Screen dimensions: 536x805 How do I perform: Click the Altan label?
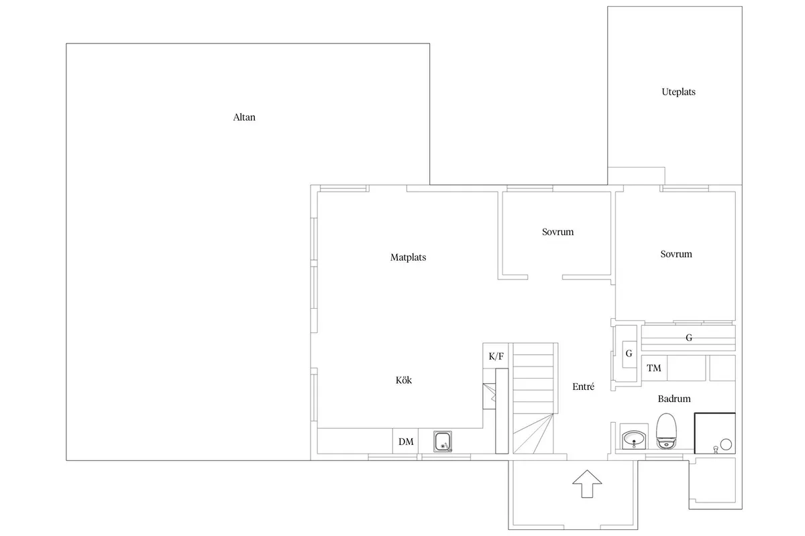coord(244,117)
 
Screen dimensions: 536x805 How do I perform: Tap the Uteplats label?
coord(678,92)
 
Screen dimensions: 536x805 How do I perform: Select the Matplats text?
coord(408,257)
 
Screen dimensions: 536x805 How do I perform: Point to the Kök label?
coord(403,381)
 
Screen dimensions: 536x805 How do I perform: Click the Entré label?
coord(583,387)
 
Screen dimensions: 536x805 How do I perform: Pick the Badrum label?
coord(674,399)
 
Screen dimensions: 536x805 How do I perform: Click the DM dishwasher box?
coord(405,442)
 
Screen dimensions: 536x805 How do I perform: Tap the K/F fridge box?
coord(496,356)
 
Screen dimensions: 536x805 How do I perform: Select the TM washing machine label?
coord(654,368)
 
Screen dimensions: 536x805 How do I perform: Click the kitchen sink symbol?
coord(443,442)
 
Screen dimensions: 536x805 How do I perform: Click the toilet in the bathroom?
coord(666,432)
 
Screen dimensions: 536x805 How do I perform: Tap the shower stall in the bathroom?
coord(715,433)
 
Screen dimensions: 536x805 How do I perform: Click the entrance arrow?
coord(587,483)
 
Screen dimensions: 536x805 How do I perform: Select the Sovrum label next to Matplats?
coord(558,232)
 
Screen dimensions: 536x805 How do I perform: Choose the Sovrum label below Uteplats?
coord(676,255)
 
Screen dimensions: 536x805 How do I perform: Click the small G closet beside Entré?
coord(629,354)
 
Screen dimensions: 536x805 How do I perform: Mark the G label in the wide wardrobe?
coord(689,338)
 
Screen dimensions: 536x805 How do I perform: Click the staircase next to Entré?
coord(535,398)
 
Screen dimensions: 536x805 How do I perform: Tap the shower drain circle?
coord(725,443)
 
